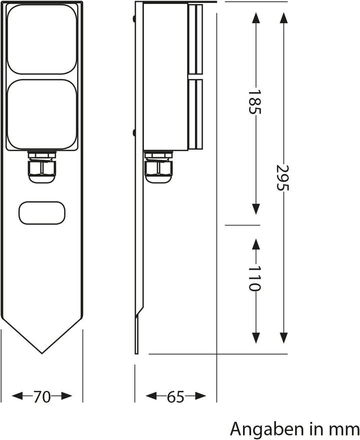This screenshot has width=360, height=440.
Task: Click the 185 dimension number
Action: coord(255,102)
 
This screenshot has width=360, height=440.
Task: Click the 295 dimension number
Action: coord(283,177)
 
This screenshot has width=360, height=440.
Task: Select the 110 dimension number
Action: coord(255,278)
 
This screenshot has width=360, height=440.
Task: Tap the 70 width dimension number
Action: coord(42,397)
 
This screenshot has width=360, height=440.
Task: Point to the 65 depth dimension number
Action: coord(175,397)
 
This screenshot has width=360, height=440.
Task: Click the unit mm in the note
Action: coord(346,429)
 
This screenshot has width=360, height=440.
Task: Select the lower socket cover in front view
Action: coord(42,114)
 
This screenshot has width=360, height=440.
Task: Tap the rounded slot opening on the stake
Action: coord(42,213)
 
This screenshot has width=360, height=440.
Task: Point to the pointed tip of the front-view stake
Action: coord(41,352)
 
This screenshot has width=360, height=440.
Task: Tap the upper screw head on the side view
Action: coord(134,19)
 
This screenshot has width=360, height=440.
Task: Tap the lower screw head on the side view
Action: coord(134,133)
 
